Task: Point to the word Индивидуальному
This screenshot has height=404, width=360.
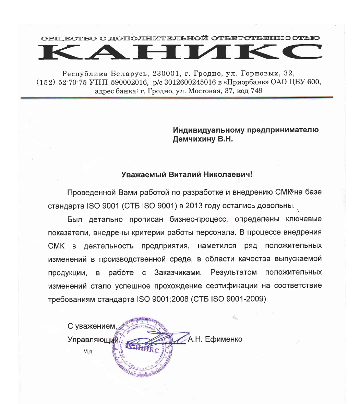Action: [204, 130]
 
